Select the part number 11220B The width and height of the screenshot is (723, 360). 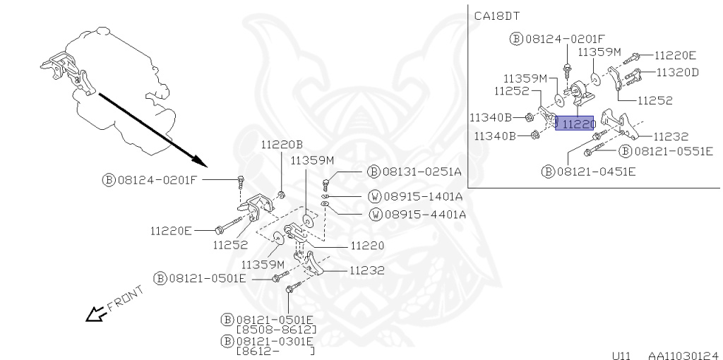[281, 145]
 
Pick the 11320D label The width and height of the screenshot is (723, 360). [677, 72]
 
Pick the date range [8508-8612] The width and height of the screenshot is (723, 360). [276, 330]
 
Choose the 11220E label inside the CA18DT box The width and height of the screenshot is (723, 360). [675, 54]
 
